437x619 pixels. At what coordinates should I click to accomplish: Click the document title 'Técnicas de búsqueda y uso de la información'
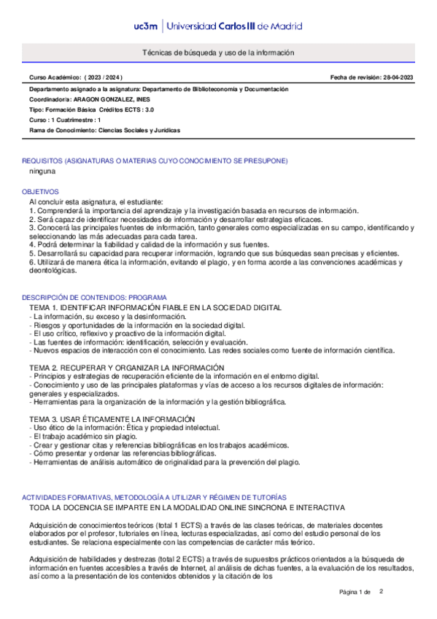point(218,53)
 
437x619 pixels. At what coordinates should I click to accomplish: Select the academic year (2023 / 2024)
point(104,77)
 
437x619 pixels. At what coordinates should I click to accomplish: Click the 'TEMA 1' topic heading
point(145,309)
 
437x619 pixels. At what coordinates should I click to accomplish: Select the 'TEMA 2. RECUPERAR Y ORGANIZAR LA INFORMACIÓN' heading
point(127,367)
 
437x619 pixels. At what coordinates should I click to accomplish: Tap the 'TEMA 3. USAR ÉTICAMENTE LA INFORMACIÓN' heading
point(112,418)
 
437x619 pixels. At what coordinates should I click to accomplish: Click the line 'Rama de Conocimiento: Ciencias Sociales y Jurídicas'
point(104,130)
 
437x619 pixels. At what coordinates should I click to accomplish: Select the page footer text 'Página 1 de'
point(355,591)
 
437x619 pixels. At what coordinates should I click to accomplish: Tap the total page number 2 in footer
point(381,591)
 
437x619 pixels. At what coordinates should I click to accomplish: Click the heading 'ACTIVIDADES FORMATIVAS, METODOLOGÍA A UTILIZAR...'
point(154,496)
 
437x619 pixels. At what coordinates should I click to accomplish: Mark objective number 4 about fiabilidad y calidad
point(150,245)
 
